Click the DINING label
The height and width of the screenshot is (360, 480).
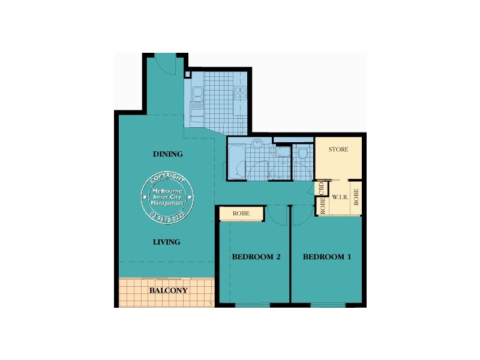[167, 154]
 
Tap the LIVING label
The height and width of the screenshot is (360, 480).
[166, 242]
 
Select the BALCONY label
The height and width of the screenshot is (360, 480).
[168, 290]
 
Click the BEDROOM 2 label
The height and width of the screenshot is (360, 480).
[257, 257]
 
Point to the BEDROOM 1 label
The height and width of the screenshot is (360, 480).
[327, 257]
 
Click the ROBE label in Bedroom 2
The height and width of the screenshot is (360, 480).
[241, 213]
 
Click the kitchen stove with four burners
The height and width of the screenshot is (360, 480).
[240, 92]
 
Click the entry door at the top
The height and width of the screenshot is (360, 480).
[164, 62]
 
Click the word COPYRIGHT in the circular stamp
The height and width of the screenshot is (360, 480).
[167, 178]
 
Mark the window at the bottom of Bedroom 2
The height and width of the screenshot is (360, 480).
[251, 305]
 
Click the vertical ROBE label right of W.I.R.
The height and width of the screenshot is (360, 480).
[356, 197]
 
